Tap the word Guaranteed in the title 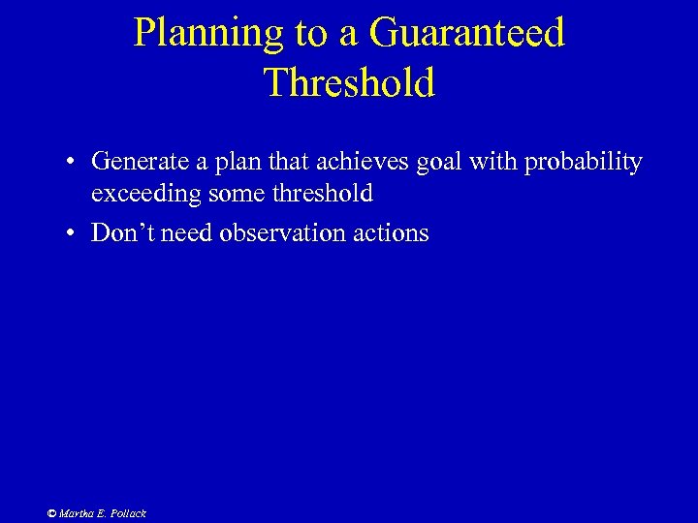coord(465,33)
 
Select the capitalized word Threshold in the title coord(349,83)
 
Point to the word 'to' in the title coord(311,33)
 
